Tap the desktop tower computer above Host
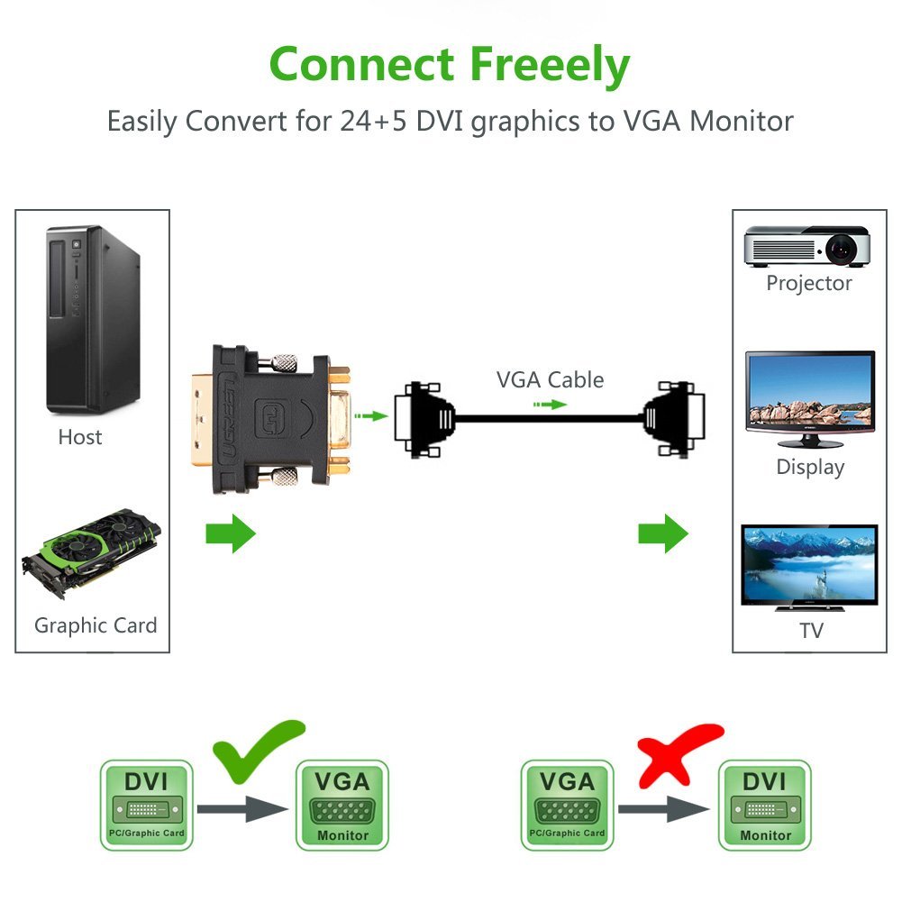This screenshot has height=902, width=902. pos(93,319)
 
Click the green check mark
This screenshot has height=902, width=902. pos(260,749)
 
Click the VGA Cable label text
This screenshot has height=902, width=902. pos(550,379)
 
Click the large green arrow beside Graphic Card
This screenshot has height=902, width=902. pos(231,533)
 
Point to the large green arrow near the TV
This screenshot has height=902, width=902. pos(663,533)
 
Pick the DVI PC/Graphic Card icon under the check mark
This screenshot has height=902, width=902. pos(146,806)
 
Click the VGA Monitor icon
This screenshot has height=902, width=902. pos(342,806)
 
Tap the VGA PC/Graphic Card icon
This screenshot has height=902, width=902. pos(568,806)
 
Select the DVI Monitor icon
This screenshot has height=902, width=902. pos(764,806)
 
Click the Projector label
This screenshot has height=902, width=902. pos(809,283)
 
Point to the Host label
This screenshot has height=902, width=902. pos(80,437)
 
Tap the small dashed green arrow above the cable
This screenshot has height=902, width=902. pos(549,405)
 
